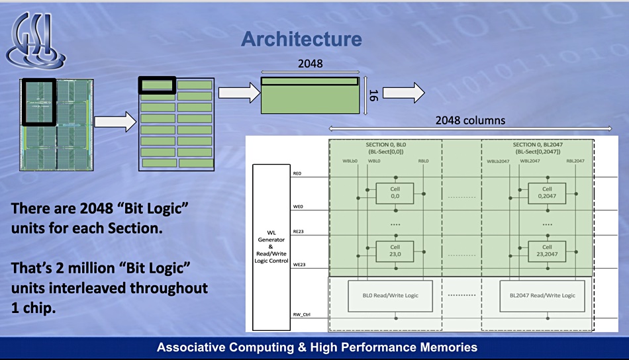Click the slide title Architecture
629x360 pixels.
(301, 39)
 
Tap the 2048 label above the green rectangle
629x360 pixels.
(310, 64)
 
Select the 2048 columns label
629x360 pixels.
(470, 120)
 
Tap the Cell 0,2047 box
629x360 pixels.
(547, 192)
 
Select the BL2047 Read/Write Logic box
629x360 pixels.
(542, 295)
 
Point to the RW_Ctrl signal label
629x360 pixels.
(301, 315)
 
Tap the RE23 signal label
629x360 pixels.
(297, 232)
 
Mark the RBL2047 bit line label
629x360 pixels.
(575, 161)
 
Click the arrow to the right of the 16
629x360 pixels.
(403, 92)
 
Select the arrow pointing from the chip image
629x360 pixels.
(115, 122)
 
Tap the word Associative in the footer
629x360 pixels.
(189, 347)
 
